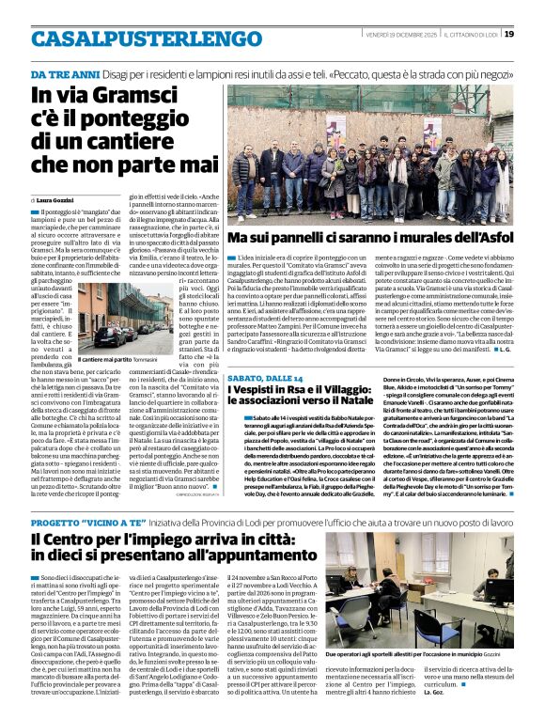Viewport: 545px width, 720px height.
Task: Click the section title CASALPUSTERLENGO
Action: (x=133, y=38)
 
